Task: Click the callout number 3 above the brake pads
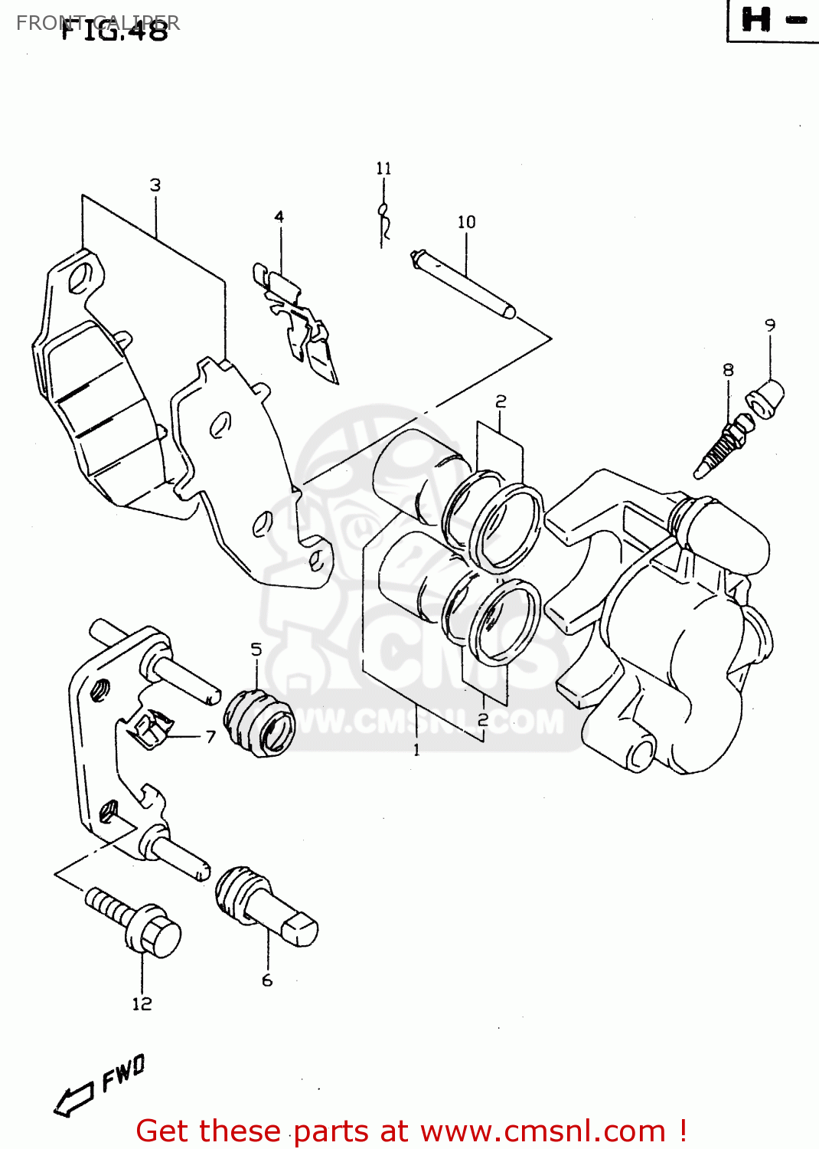click(x=155, y=185)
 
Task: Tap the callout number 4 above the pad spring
click(x=279, y=217)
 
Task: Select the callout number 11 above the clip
click(x=383, y=168)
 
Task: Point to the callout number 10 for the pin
click(x=466, y=222)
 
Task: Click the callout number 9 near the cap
click(x=770, y=325)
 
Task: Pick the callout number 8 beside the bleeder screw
click(x=728, y=370)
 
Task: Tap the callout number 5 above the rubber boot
click(x=256, y=650)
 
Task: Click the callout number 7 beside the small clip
click(x=210, y=737)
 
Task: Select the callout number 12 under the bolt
click(x=142, y=1004)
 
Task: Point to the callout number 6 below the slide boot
click(x=267, y=980)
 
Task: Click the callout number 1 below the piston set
click(x=416, y=750)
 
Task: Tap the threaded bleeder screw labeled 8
click(x=719, y=448)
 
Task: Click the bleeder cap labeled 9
click(x=766, y=398)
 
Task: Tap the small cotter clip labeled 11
click(x=385, y=221)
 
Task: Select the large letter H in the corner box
click(x=756, y=20)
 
